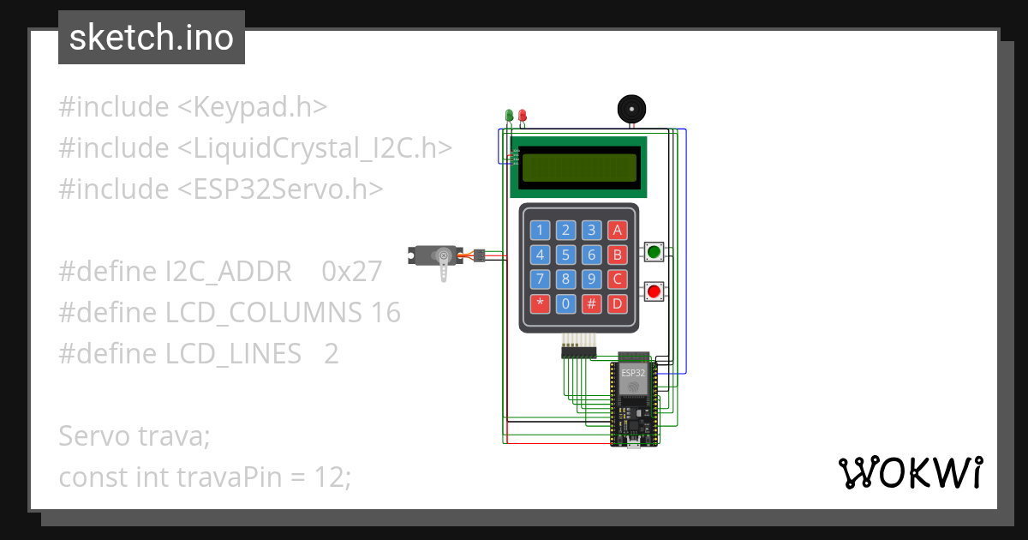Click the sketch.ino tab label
click(152, 38)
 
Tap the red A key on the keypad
click(618, 230)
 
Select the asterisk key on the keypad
click(540, 303)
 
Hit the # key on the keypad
click(592, 303)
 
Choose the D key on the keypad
click(618, 303)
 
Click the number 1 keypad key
click(540, 230)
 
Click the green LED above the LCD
click(509, 115)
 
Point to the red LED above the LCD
click(522, 115)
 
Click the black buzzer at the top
click(632, 110)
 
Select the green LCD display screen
click(579, 167)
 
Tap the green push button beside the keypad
click(654, 252)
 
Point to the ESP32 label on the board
click(633, 373)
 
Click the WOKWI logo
click(910, 472)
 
